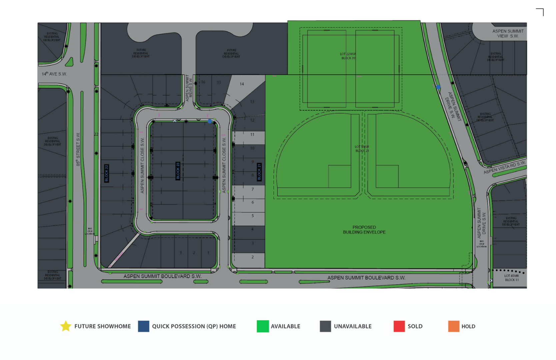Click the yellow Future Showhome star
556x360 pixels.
(x=66, y=326)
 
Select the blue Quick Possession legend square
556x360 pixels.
(x=144, y=326)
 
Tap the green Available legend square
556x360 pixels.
(x=263, y=326)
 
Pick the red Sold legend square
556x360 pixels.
(x=399, y=326)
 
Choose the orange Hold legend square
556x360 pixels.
(x=454, y=326)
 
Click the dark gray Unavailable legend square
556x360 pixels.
(x=325, y=326)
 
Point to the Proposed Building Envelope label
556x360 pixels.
(x=364, y=230)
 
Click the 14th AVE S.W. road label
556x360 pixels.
(x=54, y=74)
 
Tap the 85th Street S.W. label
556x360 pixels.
(x=78, y=149)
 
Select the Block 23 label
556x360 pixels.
(x=178, y=171)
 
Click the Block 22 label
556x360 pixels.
(x=107, y=173)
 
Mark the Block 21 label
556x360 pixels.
(x=259, y=172)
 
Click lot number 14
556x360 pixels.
(x=242, y=84)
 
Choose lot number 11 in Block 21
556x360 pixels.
(x=252, y=134)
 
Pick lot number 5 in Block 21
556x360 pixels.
(x=253, y=216)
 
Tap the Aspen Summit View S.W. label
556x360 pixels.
(x=508, y=33)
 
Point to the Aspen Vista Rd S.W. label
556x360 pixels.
(x=504, y=167)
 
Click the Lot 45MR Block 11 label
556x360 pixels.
(x=511, y=278)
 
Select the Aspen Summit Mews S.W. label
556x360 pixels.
(x=189, y=88)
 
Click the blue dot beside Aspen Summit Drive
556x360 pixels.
(x=438, y=87)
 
